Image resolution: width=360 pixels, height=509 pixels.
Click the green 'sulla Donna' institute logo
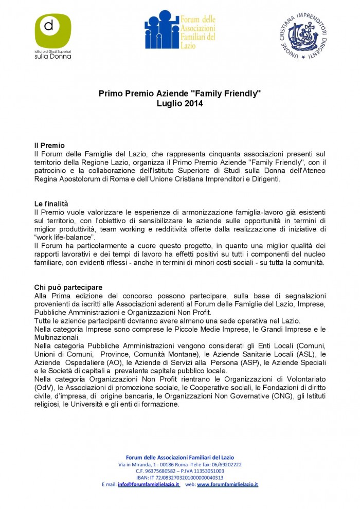52,36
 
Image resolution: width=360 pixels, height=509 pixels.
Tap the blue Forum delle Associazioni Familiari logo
179,30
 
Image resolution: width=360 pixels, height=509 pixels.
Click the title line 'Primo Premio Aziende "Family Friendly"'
180,94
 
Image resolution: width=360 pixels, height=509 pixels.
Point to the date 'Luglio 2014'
180,103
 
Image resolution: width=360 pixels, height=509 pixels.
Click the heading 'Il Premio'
49,146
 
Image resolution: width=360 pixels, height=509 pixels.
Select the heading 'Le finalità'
51,204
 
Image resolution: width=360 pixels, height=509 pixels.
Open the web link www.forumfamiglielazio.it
227,484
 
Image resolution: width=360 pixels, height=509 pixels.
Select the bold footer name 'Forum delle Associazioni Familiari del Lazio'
180,458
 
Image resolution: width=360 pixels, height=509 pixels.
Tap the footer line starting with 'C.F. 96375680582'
180,471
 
